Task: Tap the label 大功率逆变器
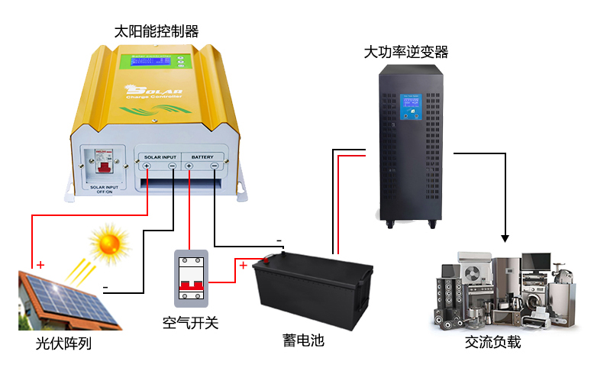[x=405, y=52]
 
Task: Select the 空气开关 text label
[x=191, y=322]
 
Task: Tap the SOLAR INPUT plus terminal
[x=146, y=166]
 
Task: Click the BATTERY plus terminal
[x=189, y=166]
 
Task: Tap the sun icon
[x=108, y=243]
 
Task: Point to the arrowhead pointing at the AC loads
[x=505, y=236]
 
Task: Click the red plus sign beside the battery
[x=243, y=266]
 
